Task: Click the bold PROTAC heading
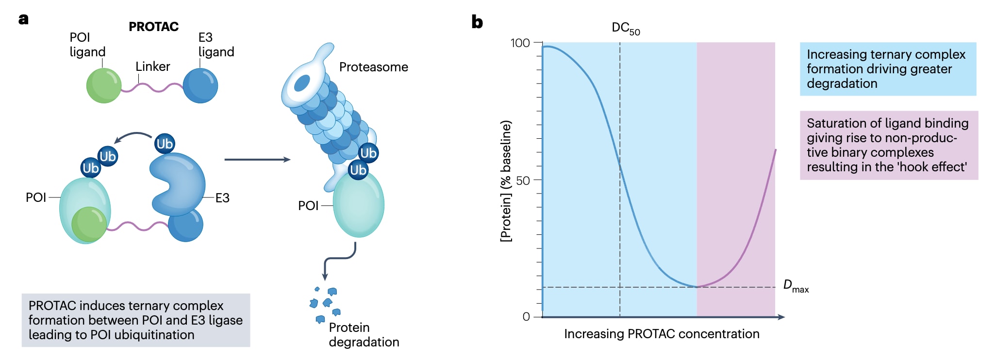[x=153, y=27]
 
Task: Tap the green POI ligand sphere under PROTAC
[x=103, y=85]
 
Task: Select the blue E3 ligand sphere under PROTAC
[x=200, y=85]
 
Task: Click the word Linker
[x=152, y=66]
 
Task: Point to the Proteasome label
[x=373, y=67]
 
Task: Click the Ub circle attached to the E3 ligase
[x=165, y=144]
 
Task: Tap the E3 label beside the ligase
[x=222, y=198]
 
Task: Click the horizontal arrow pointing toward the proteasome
[x=257, y=159]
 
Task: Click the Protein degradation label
[x=364, y=335]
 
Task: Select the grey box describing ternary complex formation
[x=136, y=320]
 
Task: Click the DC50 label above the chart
[x=625, y=29]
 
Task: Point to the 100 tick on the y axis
[x=520, y=43]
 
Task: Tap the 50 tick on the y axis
[x=523, y=181]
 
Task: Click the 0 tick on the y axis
[x=526, y=317]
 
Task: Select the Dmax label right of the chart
[x=796, y=286]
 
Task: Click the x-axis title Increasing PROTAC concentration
[x=662, y=334]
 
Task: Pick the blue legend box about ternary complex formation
[x=888, y=69]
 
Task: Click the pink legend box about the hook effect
[x=889, y=145]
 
